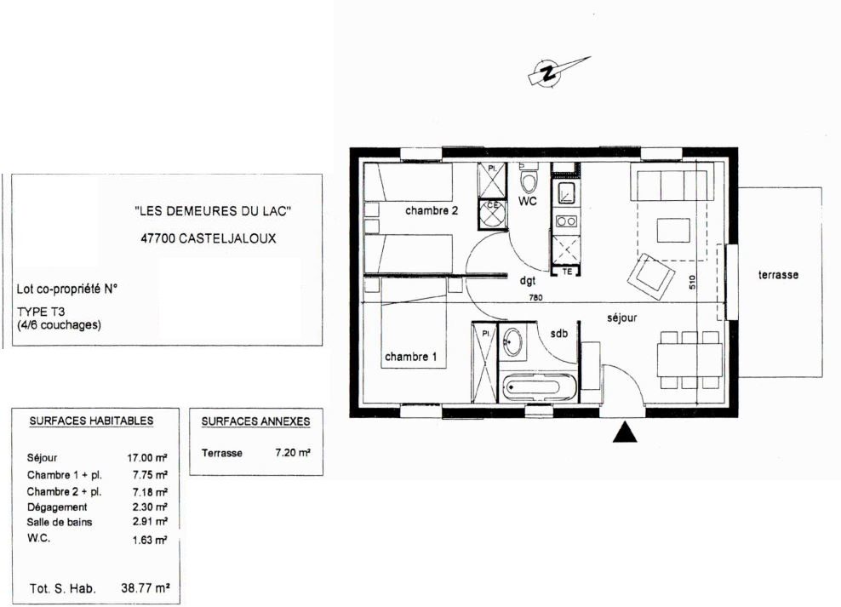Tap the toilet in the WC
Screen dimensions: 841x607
[529, 179]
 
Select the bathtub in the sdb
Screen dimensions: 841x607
[540, 387]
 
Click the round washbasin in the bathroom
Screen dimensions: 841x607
[512, 341]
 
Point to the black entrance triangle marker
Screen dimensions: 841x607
[625, 432]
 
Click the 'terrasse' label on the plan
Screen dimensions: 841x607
[778, 275]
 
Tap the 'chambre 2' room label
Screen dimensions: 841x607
[432, 211]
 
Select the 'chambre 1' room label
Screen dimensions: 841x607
[411, 357]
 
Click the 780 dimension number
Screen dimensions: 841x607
[535, 298]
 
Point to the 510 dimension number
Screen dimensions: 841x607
[692, 282]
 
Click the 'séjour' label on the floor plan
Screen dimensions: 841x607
[622, 318]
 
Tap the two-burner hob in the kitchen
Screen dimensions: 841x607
[566, 221]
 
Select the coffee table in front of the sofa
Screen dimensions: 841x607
[673, 230]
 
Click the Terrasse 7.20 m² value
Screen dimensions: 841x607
[293, 453]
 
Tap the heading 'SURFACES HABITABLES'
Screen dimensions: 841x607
[92, 421]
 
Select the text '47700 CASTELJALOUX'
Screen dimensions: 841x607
[209, 238]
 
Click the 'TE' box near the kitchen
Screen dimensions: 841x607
[566, 272]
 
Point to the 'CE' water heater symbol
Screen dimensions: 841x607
[492, 214]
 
